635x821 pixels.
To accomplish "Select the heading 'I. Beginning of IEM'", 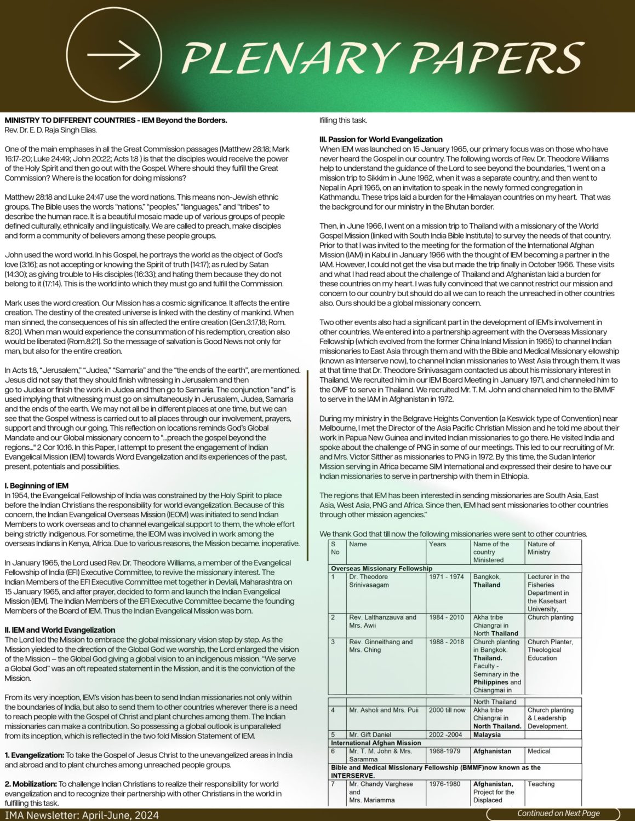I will pyautogui.click(x=37, y=485).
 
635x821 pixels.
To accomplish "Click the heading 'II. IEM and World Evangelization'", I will pyautogui.click(x=60, y=630).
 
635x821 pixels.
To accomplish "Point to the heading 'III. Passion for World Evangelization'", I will pyautogui.click(x=381, y=139).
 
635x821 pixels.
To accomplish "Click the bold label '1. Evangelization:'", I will pyautogui.click(x=35, y=755).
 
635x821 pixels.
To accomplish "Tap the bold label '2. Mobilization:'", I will pyautogui.click(x=31, y=784).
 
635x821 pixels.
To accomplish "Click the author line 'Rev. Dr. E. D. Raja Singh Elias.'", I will pyautogui.click(x=50, y=130).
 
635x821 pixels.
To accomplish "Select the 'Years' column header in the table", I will pyautogui.click(x=438, y=544).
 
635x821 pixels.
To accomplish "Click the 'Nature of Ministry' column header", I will pyautogui.click(x=541, y=548).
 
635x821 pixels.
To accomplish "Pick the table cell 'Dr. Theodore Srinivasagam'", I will pyautogui.click(x=369, y=581).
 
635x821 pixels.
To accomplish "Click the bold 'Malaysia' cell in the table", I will pyautogui.click(x=487, y=735).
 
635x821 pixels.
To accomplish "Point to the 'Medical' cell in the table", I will pyautogui.click(x=539, y=751).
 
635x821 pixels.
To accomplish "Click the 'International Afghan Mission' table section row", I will pyautogui.click(x=376, y=743).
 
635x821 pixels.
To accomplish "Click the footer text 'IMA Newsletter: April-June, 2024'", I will pyautogui.click(x=81, y=815).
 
